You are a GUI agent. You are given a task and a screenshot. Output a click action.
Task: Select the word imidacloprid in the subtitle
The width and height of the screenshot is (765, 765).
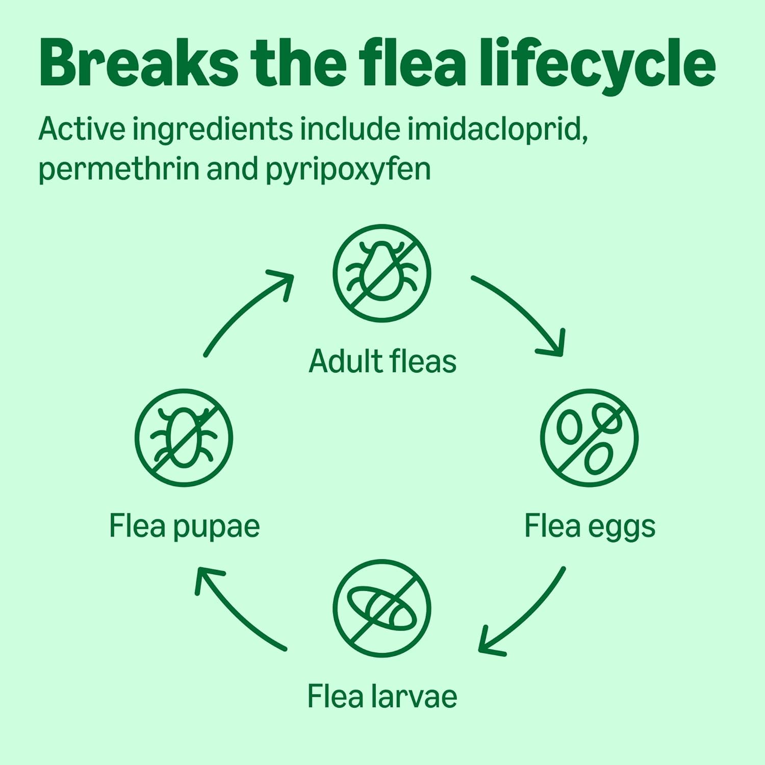click(x=497, y=129)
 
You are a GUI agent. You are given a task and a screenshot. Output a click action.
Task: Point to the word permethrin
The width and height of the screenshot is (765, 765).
click(x=118, y=169)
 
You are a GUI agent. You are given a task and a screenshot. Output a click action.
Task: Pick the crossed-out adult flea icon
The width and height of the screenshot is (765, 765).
click(x=382, y=273)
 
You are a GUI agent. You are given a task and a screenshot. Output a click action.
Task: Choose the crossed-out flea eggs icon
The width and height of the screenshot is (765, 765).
click(x=589, y=438)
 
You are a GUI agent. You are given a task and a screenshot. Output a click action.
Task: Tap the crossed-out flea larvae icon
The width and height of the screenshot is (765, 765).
click(x=382, y=608)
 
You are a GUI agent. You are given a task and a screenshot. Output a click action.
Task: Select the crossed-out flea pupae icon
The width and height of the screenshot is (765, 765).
click(x=184, y=438)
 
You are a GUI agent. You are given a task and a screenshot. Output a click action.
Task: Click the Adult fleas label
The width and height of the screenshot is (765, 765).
click(x=382, y=362)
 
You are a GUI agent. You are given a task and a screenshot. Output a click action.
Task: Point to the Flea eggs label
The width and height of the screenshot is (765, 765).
click(x=590, y=526)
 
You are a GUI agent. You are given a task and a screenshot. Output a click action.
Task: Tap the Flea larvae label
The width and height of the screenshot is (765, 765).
click(x=382, y=697)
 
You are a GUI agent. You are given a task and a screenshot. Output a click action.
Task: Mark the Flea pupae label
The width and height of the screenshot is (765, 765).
click(x=184, y=526)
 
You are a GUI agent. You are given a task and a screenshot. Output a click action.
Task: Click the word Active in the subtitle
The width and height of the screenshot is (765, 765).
click(x=82, y=129)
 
